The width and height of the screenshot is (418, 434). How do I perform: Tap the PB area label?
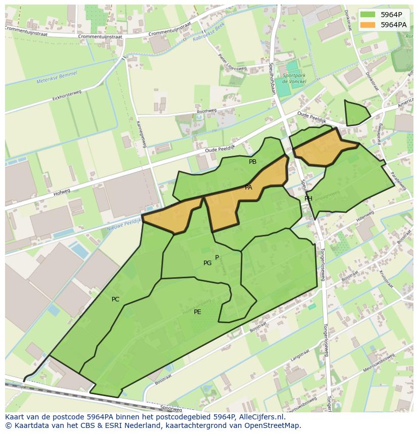252,162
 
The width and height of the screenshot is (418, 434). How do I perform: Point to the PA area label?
248,188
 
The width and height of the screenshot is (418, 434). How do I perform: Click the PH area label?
308,199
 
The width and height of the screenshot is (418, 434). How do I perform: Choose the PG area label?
207,263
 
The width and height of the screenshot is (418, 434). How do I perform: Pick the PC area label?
116,299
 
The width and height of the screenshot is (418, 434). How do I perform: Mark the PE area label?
197,312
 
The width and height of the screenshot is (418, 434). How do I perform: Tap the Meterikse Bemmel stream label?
57,78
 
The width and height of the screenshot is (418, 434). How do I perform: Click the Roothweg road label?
206,111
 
